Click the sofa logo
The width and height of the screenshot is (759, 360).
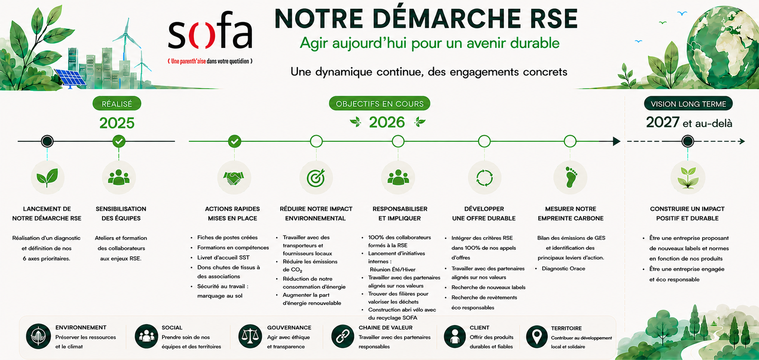[210, 35]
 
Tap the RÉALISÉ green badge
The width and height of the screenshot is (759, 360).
[117, 104]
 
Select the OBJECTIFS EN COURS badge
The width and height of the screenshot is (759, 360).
[380, 104]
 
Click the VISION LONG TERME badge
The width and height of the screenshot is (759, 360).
[688, 104]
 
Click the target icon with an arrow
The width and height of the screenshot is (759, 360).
[316, 178]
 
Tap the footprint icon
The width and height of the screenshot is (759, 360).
[571, 177]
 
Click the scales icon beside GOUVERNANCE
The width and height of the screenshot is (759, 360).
[250, 336]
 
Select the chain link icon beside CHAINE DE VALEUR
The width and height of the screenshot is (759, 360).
[343, 336]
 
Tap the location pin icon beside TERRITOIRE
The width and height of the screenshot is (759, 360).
[537, 337]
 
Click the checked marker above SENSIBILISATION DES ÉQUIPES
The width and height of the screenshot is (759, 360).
[119, 141]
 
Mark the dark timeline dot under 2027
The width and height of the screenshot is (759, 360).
[688, 141]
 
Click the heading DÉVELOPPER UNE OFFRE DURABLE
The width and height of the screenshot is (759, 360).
[484, 213]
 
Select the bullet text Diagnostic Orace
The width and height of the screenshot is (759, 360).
[564, 269]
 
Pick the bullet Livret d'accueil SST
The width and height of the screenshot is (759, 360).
[223, 257]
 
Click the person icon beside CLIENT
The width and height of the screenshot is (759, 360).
[455, 336]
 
